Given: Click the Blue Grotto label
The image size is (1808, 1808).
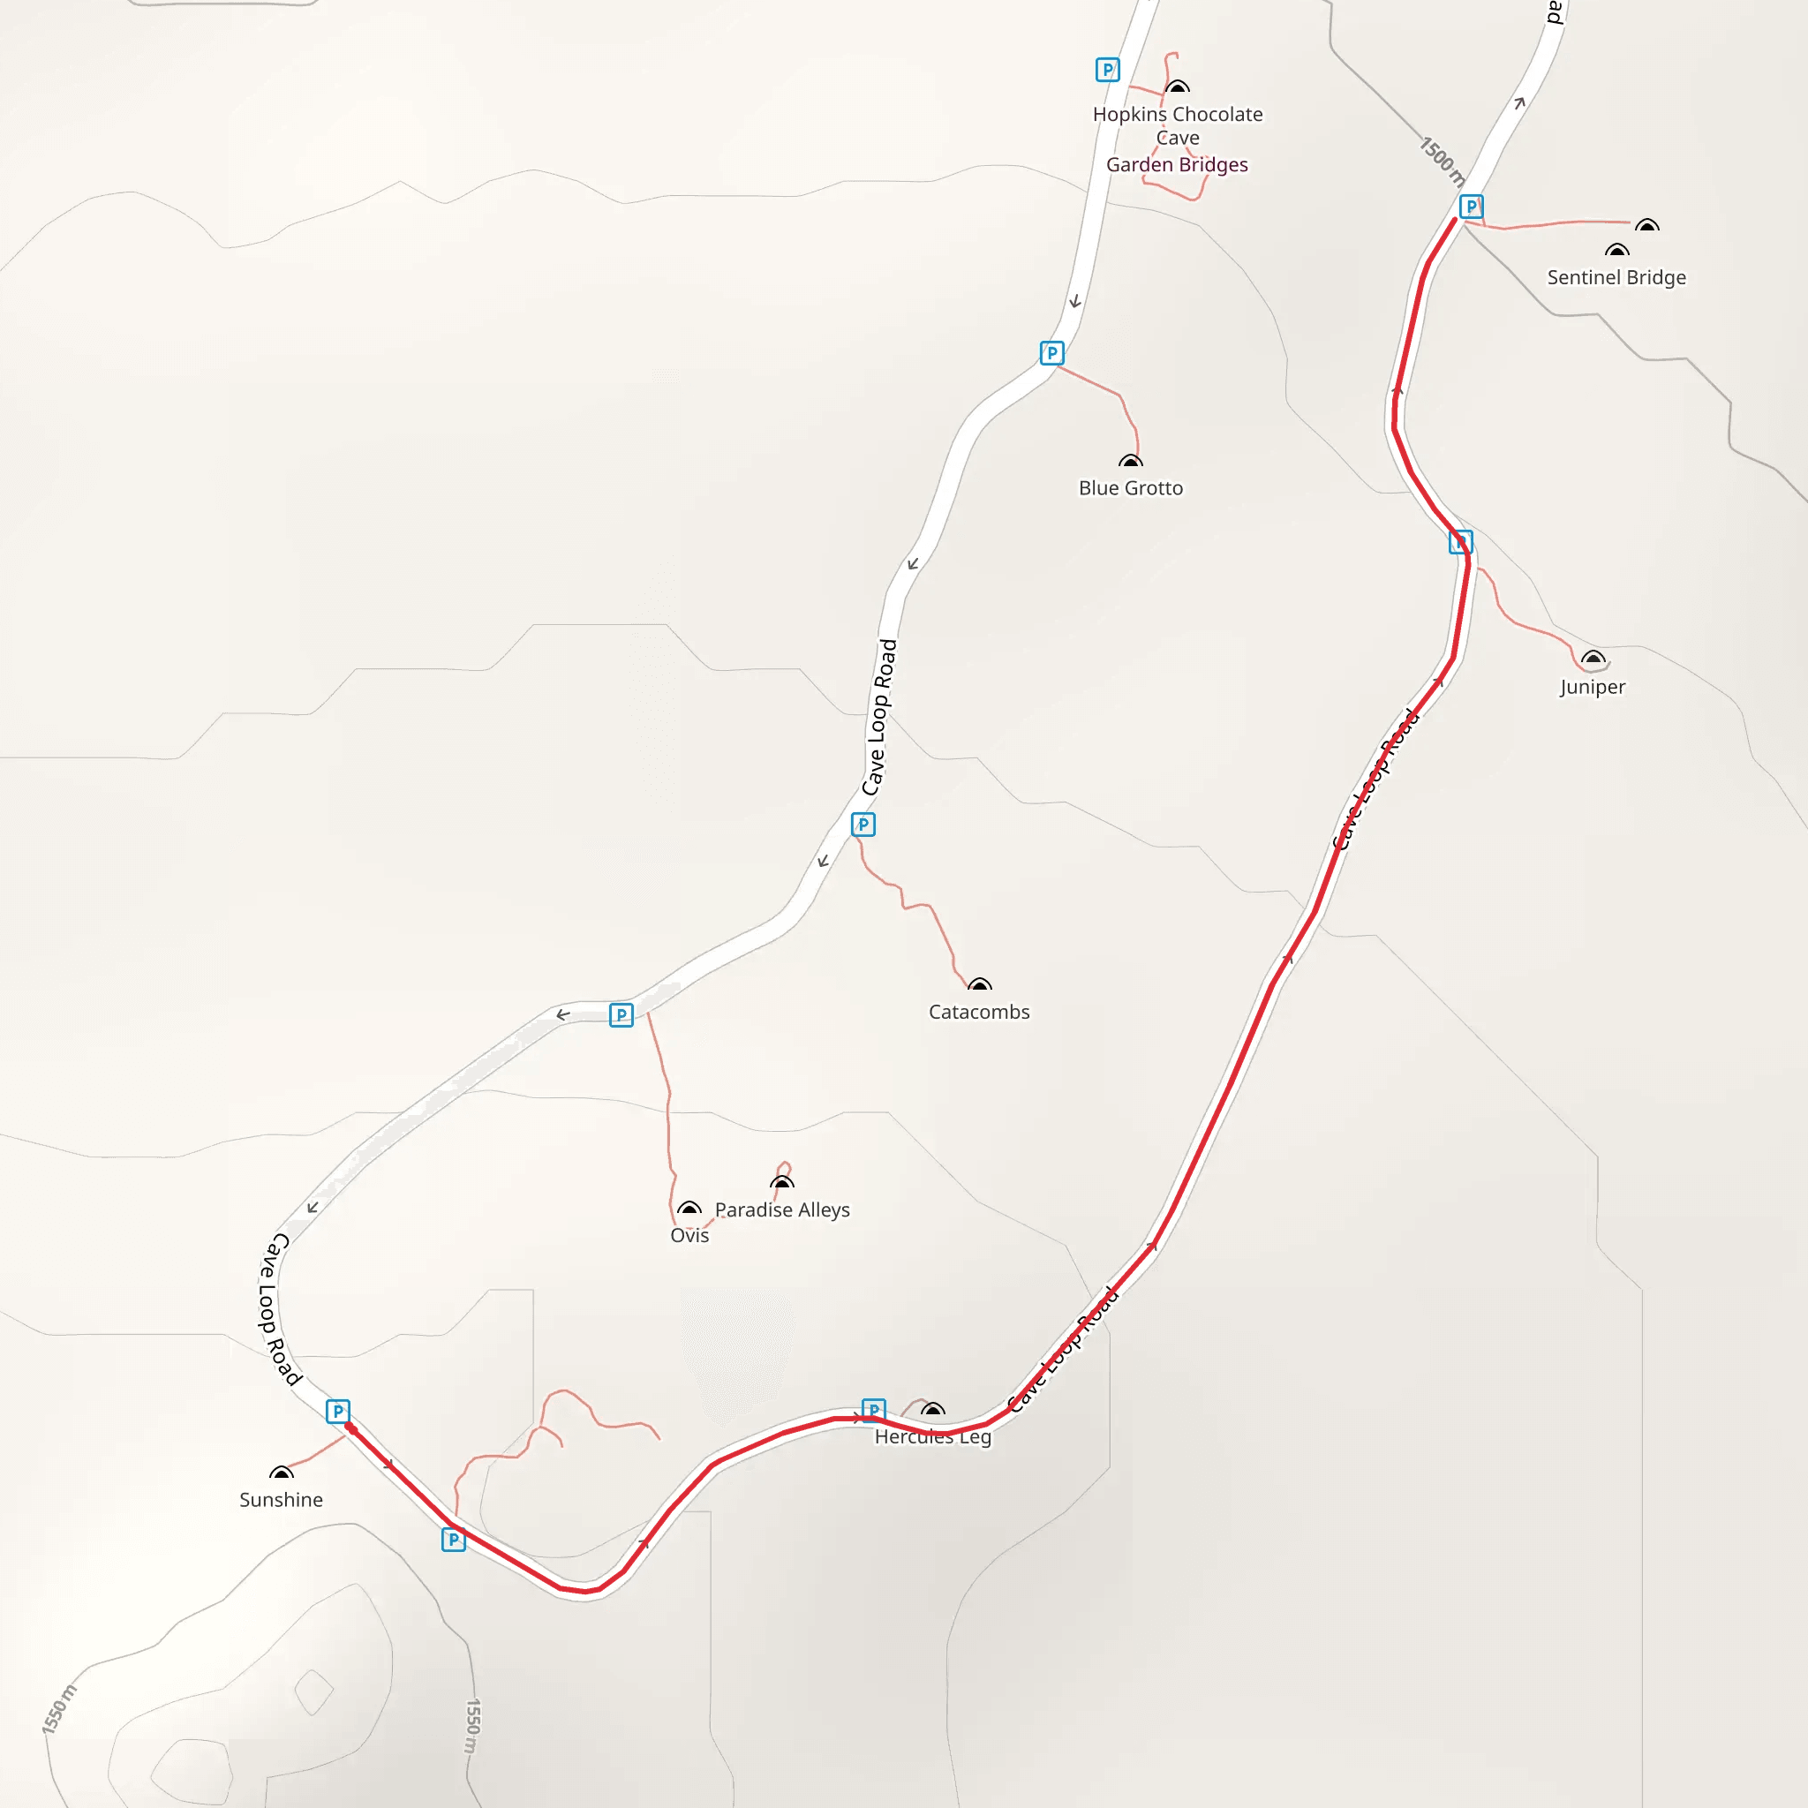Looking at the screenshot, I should tap(1131, 487).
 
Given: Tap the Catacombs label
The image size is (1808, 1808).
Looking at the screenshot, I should tap(979, 1012).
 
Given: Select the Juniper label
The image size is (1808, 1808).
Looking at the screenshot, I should tap(1592, 687).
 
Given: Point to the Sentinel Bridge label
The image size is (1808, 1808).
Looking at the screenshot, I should tap(1616, 277).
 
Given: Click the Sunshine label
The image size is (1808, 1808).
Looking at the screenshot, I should tap(281, 1499).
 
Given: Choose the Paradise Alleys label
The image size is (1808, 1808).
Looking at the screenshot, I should tap(782, 1209).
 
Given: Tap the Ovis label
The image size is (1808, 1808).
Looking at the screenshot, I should tap(689, 1235).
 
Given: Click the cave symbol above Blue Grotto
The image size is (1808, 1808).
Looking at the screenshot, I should tap(1131, 461).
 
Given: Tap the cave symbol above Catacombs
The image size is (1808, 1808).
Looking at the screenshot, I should tap(979, 983).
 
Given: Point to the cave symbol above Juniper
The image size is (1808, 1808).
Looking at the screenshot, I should tap(1593, 657).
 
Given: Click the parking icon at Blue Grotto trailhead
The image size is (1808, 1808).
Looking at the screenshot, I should tap(1051, 353).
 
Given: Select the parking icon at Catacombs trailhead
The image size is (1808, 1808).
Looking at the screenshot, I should tap(863, 825).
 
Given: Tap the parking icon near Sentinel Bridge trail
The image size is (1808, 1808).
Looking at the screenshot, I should tap(1471, 206).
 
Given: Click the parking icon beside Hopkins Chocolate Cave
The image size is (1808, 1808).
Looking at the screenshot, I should tap(1107, 69).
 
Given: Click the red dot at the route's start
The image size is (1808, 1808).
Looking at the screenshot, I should tap(350, 1428).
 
